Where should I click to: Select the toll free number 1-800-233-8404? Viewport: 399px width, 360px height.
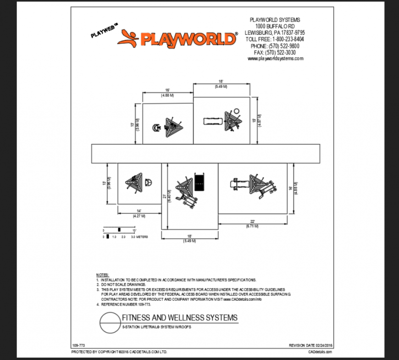coord(275,39)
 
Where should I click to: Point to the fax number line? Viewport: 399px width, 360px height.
coord(275,52)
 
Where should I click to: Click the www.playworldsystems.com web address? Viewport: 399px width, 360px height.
coord(275,59)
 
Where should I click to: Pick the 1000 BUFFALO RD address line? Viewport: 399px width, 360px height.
coord(275,27)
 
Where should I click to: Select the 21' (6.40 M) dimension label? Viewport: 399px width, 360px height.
coord(167,197)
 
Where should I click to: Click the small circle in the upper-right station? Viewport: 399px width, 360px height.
coord(237,111)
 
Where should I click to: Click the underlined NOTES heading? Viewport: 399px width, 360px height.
coord(102,274)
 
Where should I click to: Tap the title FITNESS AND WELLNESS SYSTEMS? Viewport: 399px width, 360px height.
coord(180,318)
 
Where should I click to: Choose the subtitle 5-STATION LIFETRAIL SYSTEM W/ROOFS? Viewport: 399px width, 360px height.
coord(156,327)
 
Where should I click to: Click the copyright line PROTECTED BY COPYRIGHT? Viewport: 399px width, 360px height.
coord(119,352)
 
